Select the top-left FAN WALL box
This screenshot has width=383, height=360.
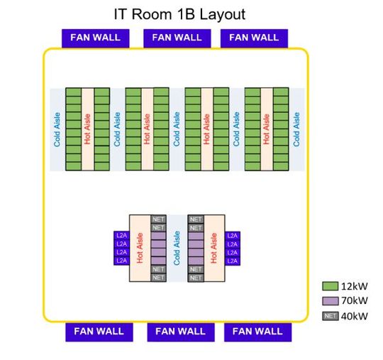coord(95,38)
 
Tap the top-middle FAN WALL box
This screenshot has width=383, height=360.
coord(177,38)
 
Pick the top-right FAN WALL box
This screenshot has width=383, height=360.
coord(253,38)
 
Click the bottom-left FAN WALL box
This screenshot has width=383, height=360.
coord(99,332)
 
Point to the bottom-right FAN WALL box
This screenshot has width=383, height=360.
coord(257,332)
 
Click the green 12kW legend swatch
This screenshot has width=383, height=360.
coord(330,286)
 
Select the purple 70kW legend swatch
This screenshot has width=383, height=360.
coord(330,301)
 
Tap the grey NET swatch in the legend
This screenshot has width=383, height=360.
coord(330,316)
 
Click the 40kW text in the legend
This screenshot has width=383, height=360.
coord(355,316)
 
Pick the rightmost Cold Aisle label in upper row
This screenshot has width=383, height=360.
coord(296,129)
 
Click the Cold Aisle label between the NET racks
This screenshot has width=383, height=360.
coord(177,249)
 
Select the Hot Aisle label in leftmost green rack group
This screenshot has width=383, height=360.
coord(87,129)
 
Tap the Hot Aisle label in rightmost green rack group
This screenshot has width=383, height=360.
coord(267,129)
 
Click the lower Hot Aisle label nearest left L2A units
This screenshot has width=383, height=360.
coord(140,249)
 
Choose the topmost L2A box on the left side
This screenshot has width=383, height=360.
coord(121,236)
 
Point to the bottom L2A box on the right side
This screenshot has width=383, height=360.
coord(232,261)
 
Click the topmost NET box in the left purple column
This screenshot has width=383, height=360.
coord(158,219)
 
